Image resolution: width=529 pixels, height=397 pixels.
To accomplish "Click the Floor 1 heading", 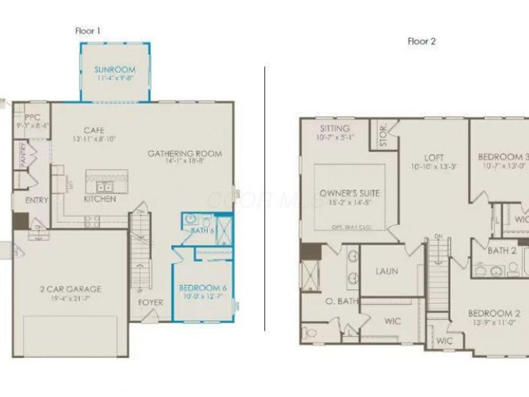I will (x=88, y=30).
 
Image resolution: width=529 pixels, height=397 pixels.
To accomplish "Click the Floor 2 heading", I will (x=422, y=41).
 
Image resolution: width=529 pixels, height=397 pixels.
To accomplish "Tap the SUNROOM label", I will (x=114, y=69).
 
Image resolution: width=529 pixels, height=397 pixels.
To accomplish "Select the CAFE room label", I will (x=93, y=130).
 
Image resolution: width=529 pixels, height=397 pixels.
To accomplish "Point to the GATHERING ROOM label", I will (x=184, y=154).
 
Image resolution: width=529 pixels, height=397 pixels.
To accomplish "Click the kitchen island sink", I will (x=103, y=186).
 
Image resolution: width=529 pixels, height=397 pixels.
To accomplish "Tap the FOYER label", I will (x=151, y=302).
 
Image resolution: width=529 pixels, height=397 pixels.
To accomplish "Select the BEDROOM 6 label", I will (x=202, y=287).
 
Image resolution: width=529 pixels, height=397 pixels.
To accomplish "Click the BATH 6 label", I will (x=203, y=230).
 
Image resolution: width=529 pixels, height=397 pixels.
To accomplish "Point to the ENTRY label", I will (x=37, y=200).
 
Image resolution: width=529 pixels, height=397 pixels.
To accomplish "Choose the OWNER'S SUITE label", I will (x=349, y=193).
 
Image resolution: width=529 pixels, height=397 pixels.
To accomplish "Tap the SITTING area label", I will (x=334, y=128).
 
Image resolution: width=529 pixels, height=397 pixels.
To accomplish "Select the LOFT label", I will (x=434, y=157).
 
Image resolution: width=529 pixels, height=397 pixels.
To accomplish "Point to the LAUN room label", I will (x=386, y=271).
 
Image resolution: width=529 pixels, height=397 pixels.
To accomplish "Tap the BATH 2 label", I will (x=502, y=251).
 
